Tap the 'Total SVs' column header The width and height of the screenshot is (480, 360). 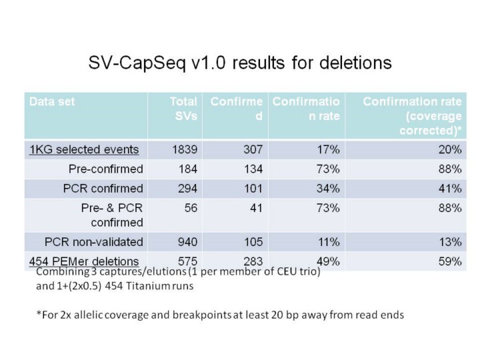(x=184, y=109)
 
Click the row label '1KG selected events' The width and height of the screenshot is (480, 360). (x=83, y=149)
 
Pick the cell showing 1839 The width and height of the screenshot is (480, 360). (x=183, y=149)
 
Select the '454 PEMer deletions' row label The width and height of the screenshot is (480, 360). (x=83, y=261)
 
